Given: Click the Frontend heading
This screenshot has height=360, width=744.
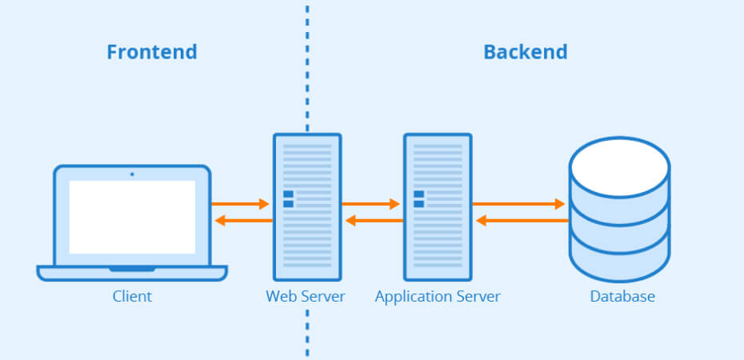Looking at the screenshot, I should tap(151, 53).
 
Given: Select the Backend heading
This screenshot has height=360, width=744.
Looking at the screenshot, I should tap(525, 53).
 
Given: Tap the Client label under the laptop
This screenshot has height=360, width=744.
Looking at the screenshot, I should tap(132, 297).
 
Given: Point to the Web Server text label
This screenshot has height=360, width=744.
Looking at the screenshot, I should tap(306, 297).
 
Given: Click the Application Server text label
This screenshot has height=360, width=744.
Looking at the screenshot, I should tap(438, 297).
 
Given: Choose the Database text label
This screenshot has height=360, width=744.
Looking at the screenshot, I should tap(622, 297).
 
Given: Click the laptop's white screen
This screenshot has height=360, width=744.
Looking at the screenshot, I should tap(132, 217).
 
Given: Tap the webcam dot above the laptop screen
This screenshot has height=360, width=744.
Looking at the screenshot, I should tap(132, 174).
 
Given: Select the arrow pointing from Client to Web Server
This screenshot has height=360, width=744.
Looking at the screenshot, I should tap(240, 204).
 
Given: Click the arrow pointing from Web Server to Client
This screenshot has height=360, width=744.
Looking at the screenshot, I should tap(243, 220).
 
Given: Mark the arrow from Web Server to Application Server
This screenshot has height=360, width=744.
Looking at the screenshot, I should tap(370, 204).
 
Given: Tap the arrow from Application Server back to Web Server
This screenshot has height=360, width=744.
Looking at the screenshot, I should tap(374, 220).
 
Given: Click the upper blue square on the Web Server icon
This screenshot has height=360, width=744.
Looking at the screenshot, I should tap(288, 194).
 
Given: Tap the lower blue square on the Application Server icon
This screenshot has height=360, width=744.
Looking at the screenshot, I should tap(418, 204).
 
